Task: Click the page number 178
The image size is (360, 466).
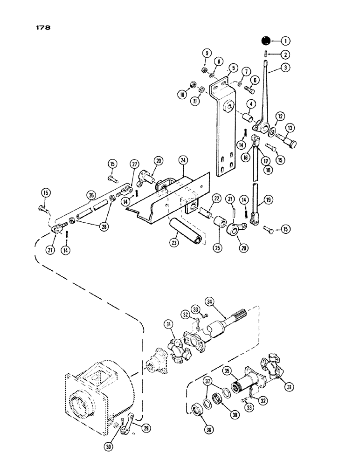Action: pos(42,27)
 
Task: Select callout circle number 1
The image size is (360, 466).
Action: pos(285,41)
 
